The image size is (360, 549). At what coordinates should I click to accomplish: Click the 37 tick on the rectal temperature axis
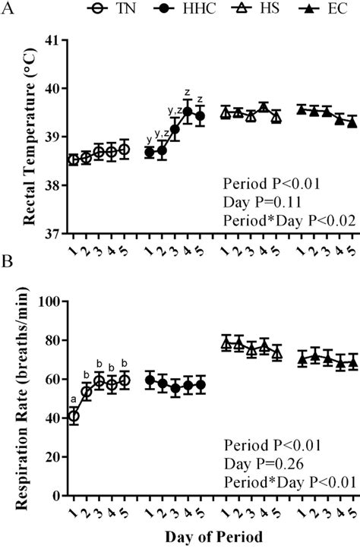point(55,234)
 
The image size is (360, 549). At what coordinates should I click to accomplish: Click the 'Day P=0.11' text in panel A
point(256,201)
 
